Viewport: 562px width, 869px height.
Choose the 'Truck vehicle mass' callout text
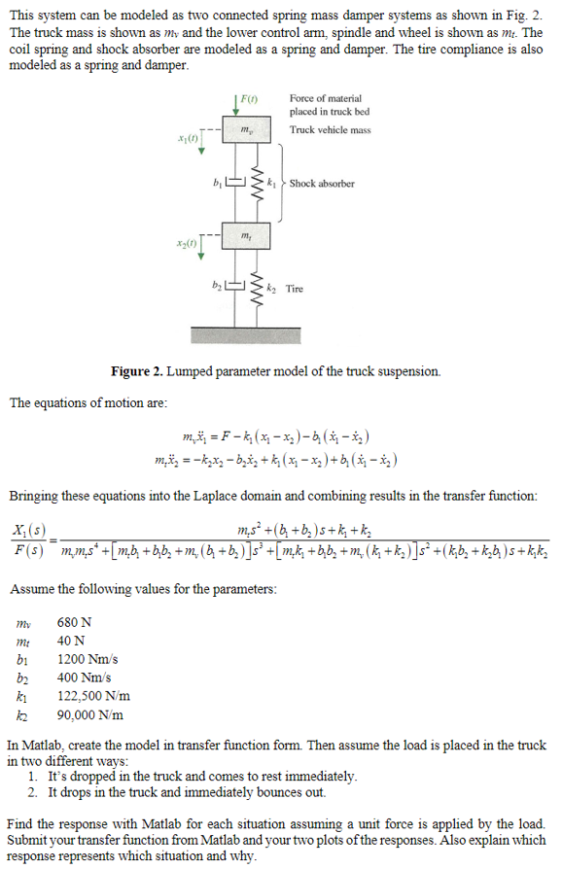tap(330, 129)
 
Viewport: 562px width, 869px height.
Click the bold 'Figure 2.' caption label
tap(143, 371)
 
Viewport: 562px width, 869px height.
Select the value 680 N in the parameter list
tap(75, 619)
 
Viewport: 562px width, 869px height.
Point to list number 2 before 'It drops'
tap(33, 792)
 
